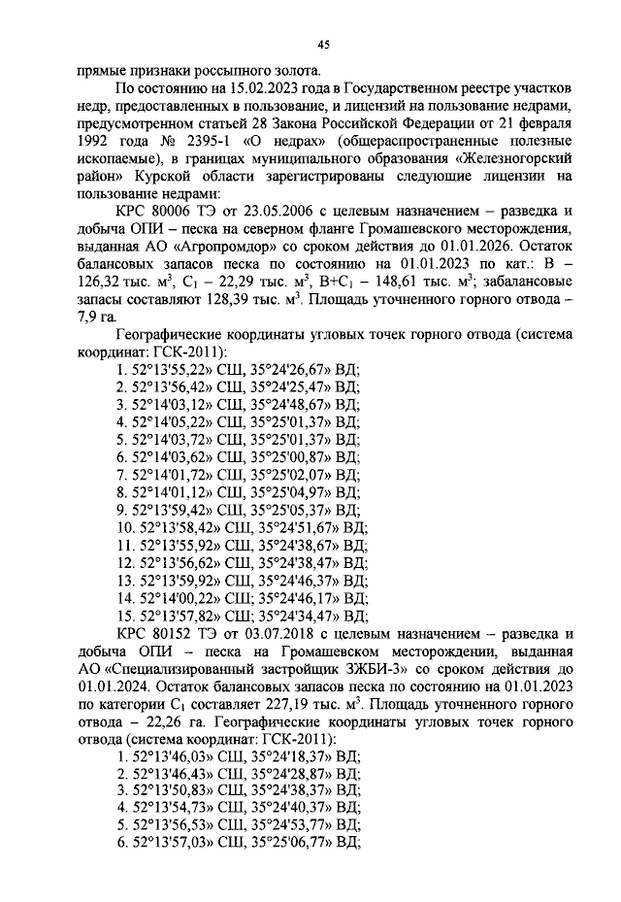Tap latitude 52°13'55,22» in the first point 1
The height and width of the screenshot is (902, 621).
[x=172, y=369]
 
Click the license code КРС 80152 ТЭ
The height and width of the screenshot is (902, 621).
[x=175, y=633]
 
